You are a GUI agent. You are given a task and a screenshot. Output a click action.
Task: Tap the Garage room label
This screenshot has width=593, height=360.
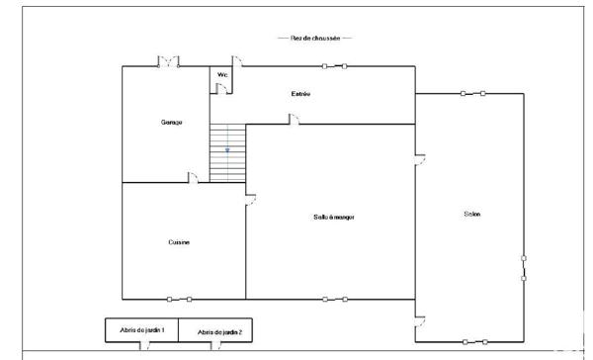coord(172,122)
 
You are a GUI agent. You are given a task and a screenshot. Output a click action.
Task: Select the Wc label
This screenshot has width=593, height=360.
coord(222,74)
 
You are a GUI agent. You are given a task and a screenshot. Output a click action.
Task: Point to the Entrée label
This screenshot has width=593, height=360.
coord(300,94)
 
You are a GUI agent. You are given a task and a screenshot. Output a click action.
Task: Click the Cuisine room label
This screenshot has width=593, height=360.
coord(179,242)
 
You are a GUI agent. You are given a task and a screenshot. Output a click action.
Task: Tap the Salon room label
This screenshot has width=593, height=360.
coord(470,215)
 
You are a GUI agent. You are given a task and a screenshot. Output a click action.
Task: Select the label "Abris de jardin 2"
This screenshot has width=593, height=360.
coord(218,332)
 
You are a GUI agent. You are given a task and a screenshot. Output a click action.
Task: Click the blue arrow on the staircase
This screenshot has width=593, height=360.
coord(227,149)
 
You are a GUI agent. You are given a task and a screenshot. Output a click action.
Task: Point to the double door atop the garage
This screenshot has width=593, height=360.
coord(169,62)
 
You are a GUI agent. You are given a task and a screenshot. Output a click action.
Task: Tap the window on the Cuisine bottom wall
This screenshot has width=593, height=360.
coord(179,299)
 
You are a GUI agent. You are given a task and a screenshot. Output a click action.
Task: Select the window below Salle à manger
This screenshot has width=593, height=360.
coord(334,299)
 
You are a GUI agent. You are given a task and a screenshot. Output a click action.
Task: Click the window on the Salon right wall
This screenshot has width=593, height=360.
coord(524,268)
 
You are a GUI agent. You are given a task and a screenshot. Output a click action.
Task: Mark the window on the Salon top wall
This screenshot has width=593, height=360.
coord(472,93)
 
